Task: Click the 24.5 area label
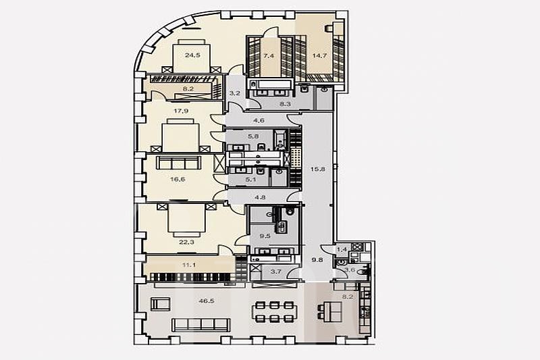(192, 55)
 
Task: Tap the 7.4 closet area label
(269, 55)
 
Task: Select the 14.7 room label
(319, 55)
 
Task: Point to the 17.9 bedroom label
(181, 111)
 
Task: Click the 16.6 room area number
(178, 179)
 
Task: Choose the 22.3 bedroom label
(187, 242)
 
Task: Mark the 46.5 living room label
(207, 301)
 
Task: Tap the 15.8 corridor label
(318, 169)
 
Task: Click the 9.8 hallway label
(317, 260)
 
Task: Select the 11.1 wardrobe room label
(190, 265)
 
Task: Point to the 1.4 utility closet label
(342, 249)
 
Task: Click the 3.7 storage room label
(276, 272)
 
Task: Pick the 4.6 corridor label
(259, 120)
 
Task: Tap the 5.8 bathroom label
(253, 136)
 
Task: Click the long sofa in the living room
(200, 325)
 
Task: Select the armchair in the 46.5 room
(161, 305)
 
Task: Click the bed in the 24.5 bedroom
(192, 56)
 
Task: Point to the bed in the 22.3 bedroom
(187, 220)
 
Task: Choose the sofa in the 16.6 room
(178, 162)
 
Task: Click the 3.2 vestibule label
(235, 93)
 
